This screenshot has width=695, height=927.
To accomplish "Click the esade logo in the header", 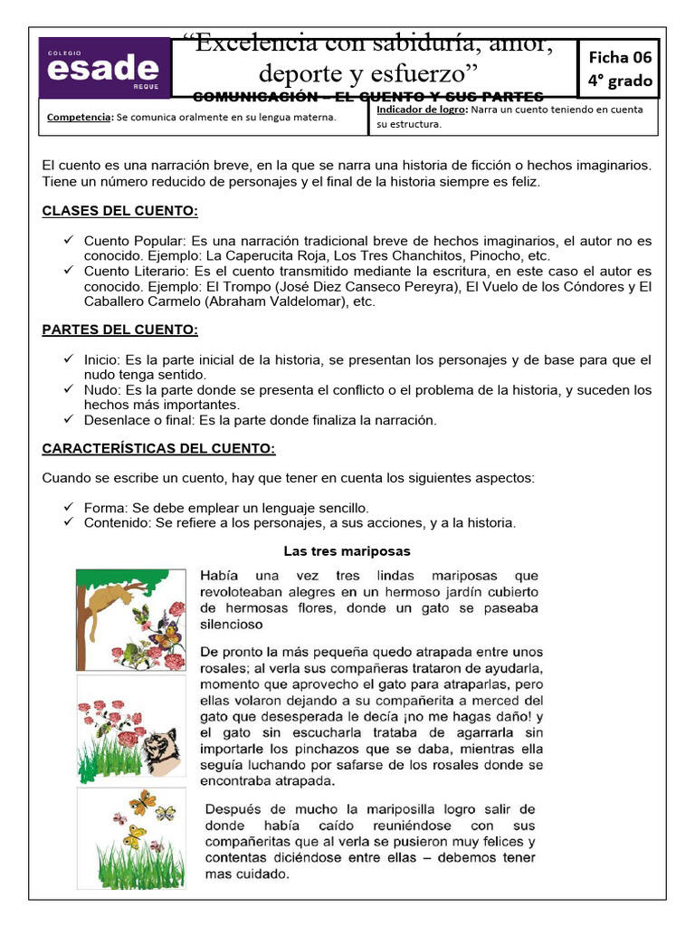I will pos(104,69).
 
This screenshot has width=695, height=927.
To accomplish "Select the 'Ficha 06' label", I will pos(620,56).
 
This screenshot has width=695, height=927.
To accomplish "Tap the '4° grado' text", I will pos(620,81).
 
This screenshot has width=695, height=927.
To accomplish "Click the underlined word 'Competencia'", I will pos(76,117).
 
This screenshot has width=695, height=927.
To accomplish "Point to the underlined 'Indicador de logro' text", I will pos(418,110).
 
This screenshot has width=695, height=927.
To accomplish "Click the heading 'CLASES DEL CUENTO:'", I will pos(119,212).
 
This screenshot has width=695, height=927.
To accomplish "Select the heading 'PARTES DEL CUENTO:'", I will pos(119,330).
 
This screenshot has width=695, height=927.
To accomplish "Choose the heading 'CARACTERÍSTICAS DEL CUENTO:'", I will pos(158,448).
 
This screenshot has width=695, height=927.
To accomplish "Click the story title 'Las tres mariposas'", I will pos(347,550).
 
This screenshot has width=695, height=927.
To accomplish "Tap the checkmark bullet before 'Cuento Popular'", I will pos(69,241).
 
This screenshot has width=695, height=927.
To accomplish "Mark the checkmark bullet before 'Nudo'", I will pos(69,388).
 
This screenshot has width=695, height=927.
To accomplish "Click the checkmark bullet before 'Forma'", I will pos(69,507).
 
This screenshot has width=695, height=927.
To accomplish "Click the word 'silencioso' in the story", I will pos(231,624).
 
